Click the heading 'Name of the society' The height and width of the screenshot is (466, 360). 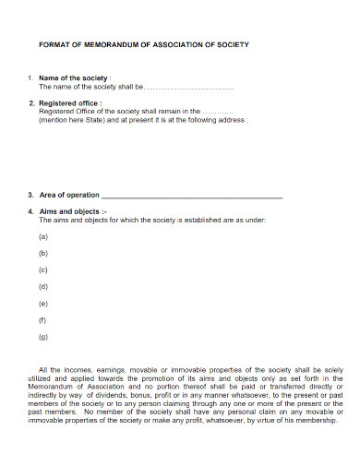tap(74, 78)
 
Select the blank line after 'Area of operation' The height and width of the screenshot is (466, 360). tap(191, 196)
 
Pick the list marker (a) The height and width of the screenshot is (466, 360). tap(43, 236)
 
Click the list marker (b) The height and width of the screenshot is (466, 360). tap(43, 253)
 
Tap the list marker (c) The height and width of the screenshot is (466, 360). tap(43, 269)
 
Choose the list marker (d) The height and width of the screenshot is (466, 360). tap(43, 286)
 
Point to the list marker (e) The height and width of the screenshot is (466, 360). tap(43, 303)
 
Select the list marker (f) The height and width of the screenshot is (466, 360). tap(43, 319)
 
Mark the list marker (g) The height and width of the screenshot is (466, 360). tap(43, 336)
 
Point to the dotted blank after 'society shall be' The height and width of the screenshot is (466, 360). tap(190, 87)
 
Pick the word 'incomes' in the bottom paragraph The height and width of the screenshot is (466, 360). tap(75, 369)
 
